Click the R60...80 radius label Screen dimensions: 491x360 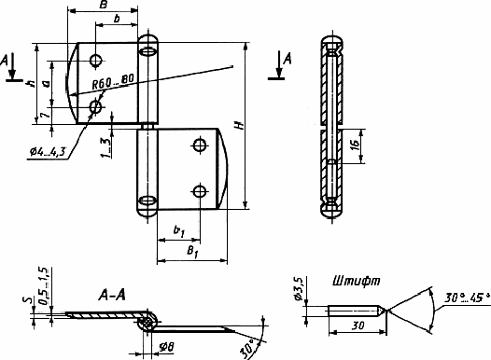113,82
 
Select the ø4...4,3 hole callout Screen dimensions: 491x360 48,152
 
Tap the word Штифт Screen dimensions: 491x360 357,281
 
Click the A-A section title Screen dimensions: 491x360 112,295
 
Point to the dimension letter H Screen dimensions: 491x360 240,125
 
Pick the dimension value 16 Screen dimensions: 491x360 355,145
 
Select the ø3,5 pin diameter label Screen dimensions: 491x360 299,288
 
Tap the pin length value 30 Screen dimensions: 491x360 358,325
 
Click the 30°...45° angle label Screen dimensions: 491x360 467,298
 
